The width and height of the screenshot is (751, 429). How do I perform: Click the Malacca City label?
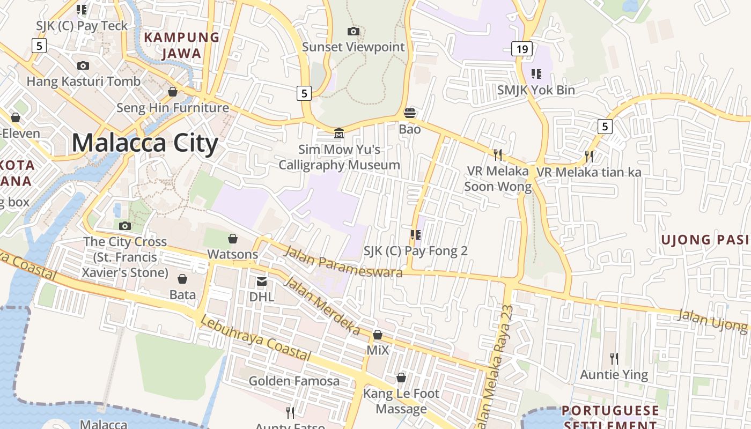pos(145,143)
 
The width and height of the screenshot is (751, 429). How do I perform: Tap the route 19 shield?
pos(521,49)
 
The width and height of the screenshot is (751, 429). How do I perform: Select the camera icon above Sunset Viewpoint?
pos(353,31)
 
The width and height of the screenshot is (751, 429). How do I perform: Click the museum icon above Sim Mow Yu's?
pos(339,132)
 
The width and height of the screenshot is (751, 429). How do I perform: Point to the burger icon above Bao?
pos(410,113)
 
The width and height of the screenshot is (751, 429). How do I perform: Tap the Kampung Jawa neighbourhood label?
pos(182,45)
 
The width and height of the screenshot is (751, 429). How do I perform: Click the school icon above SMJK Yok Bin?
pos(536,73)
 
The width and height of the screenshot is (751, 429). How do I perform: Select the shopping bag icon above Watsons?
pos(233,238)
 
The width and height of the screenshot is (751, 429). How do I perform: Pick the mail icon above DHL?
pos(262,281)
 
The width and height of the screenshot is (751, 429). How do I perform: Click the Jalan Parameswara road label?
pos(343,262)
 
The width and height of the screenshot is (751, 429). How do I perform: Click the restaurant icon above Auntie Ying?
pos(614,358)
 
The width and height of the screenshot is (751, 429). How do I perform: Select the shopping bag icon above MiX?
pos(378,335)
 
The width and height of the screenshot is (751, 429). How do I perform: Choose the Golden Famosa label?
pos(294,381)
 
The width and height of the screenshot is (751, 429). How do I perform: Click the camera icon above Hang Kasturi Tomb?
pos(83,65)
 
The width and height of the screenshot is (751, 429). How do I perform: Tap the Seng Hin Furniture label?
pos(173,108)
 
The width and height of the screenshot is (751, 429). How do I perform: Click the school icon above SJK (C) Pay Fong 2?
pos(415,234)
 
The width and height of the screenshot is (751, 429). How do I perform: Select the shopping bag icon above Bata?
pos(182,279)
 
